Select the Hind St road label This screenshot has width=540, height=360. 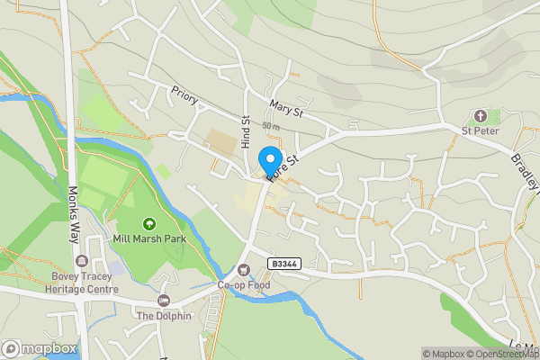point(245,132)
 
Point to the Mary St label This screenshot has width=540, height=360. point(287,111)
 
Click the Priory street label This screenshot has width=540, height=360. point(184,96)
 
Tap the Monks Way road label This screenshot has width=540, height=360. point(74,211)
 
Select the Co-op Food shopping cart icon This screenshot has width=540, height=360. point(243,269)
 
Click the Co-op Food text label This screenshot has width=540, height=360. point(243,285)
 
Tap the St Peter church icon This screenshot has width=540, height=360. point(480,116)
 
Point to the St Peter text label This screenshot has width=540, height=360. point(480,131)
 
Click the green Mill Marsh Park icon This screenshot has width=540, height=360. point(148,223)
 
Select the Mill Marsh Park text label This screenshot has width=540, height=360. point(148,239)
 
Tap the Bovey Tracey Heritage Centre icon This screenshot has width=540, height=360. point(82,261)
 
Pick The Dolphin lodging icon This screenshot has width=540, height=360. point(163,300)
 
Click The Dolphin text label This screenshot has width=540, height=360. point(163,316)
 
